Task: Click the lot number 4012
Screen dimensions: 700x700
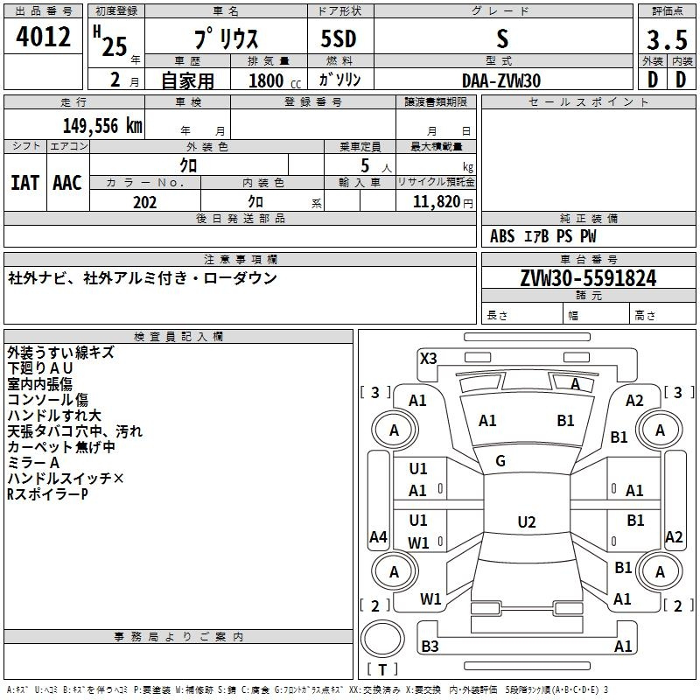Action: coord(44,37)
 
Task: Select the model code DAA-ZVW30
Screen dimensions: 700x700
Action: coord(501,80)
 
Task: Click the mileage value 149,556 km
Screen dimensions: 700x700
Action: coord(102,125)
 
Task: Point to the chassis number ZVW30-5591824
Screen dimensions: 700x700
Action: coord(588,278)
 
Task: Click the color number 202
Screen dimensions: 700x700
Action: coord(144,202)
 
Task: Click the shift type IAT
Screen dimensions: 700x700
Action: coord(24,183)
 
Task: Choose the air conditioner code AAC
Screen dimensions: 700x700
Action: coord(67,183)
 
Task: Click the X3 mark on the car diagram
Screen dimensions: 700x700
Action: coord(429,358)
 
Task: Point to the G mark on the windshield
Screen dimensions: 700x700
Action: coord(500,461)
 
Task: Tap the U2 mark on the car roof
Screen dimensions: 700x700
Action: coord(526,522)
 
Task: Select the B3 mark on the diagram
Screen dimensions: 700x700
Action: coord(430,647)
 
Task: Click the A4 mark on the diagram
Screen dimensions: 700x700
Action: coord(378,536)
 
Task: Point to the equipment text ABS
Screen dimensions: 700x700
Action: coord(502,236)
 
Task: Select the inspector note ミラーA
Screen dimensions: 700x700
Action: coord(33,463)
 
